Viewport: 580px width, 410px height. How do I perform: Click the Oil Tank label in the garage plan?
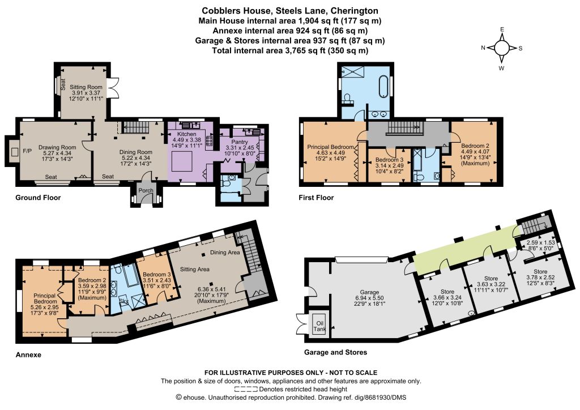319,326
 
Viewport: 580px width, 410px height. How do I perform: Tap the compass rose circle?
502,48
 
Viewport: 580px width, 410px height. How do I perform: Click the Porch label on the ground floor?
146,190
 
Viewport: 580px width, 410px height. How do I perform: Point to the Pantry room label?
240,142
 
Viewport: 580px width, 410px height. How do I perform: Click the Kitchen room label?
186,134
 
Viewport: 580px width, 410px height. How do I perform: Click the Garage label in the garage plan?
369,292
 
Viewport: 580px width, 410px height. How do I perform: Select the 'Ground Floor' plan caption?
38,198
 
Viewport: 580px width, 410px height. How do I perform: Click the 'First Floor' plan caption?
316,198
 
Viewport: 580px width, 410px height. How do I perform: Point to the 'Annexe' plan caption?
28,355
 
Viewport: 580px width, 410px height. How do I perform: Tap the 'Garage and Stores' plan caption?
335,352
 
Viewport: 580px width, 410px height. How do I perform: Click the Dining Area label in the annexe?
225,253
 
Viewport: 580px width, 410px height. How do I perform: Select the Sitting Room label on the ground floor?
86,87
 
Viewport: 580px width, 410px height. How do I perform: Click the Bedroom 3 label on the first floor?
387,160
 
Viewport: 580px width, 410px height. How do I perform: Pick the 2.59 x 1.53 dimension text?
540,243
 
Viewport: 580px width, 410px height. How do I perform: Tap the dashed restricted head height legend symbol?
246,389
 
